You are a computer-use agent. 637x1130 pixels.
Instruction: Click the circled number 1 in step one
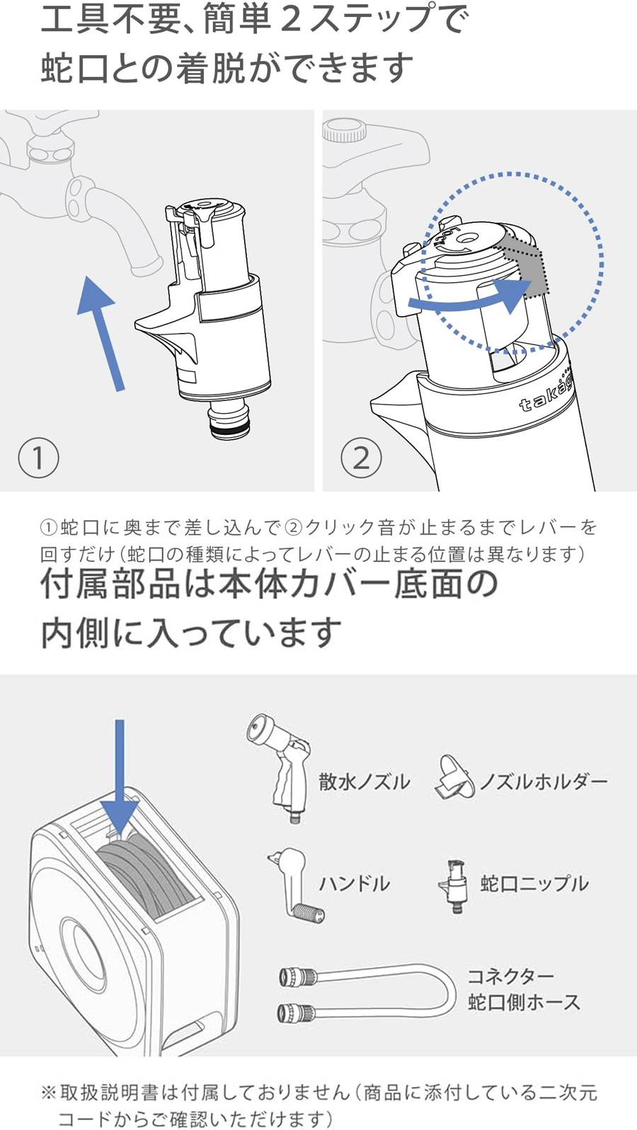click(38, 458)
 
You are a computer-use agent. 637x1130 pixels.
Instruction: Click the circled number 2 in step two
click(361, 458)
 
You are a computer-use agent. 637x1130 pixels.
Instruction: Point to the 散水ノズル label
click(364, 781)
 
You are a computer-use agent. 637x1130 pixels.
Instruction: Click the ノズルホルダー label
click(543, 781)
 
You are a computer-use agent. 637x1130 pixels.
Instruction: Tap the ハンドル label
click(354, 883)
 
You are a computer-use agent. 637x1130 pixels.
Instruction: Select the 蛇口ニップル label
click(534, 883)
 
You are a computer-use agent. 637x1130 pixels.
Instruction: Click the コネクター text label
click(510, 977)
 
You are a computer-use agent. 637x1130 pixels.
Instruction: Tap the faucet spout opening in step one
click(144, 267)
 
